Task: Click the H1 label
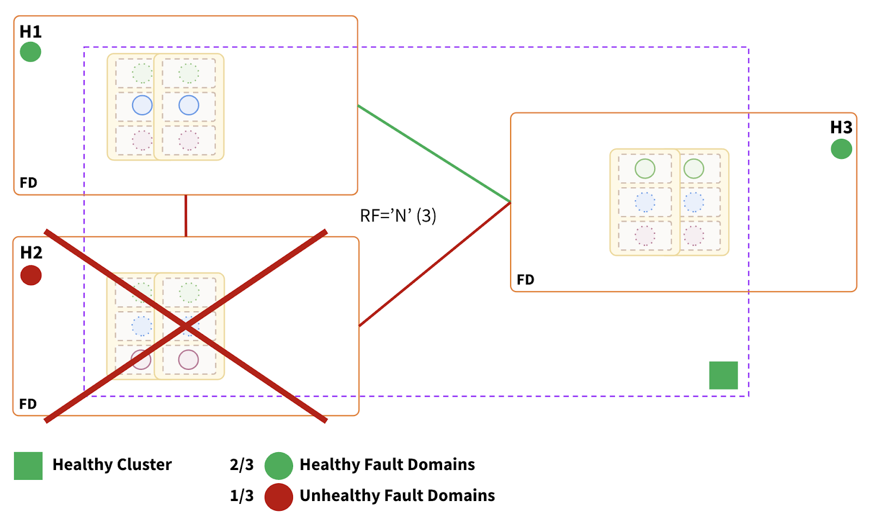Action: pyautogui.click(x=30, y=32)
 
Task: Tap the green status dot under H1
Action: pyautogui.click(x=30, y=52)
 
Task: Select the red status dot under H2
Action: pyautogui.click(x=31, y=275)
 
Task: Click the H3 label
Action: pyautogui.click(x=841, y=127)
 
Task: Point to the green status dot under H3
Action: pyautogui.click(x=841, y=149)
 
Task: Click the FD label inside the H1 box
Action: pyautogui.click(x=28, y=183)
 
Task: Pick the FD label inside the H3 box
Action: pyautogui.click(x=525, y=280)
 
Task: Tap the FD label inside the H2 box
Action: pyautogui.click(x=28, y=404)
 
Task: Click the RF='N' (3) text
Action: pyautogui.click(x=398, y=216)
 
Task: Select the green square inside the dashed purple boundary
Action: pyautogui.click(x=723, y=375)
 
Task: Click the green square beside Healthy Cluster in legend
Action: pyautogui.click(x=28, y=466)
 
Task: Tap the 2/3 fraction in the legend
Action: pyautogui.click(x=241, y=465)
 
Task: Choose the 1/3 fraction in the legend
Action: pyautogui.click(x=241, y=496)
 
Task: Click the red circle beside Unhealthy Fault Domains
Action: pyautogui.click(x=278, y=496)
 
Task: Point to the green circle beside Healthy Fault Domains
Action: pyautogui.click(x=278, y=466)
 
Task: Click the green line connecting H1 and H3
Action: pyautogui.click(x=434, y=154)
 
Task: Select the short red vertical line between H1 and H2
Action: pyautogui.click(x=186, y=215)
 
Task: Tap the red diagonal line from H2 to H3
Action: pyautogui.click(x=435, y=264)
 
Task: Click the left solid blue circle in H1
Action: pyautogui.click(x=142, y=105)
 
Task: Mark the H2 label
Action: pyautogui.click(x=31, y=252)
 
